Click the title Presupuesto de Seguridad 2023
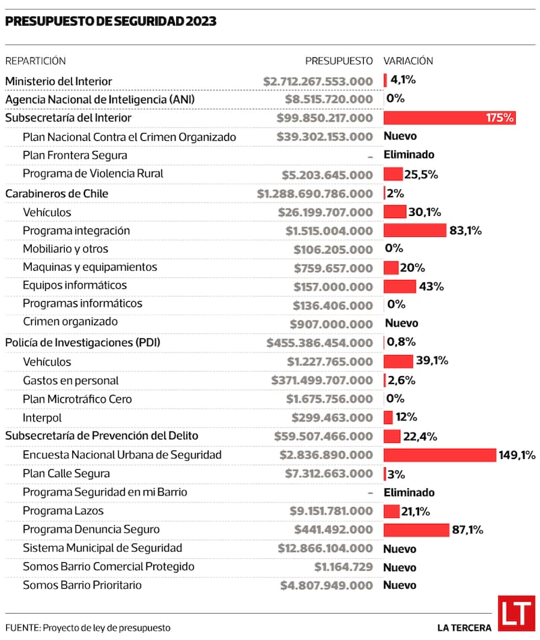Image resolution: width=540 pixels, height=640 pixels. click(111, 22)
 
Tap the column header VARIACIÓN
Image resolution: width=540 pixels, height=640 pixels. click(408, 61)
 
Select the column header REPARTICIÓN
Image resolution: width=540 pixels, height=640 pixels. click(36, 61)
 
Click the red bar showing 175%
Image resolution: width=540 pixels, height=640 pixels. click(449, 118)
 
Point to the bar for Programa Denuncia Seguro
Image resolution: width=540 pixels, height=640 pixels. click(416, 530)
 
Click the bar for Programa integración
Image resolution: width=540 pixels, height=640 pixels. click(414, 230)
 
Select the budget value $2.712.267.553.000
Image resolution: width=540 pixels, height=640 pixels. click(318, 81)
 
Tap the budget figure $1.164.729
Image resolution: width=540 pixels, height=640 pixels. click(344, 567)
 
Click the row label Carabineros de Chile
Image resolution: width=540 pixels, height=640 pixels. click(57, 194)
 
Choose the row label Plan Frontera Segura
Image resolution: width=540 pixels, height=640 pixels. click(75, 155)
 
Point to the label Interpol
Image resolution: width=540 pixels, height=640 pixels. click(42, 417)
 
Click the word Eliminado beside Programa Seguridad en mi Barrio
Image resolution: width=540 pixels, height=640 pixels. click(409, 493)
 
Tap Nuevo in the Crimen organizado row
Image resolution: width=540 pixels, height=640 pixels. click(401, 323)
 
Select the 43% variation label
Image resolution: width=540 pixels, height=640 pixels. click(431, 286)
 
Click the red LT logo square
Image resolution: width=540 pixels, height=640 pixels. click(516, 613)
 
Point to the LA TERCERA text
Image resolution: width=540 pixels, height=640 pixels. click(464, 628)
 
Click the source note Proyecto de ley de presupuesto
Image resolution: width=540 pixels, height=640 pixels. click(107, 628)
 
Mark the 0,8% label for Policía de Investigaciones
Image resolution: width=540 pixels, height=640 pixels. click(401, 342)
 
